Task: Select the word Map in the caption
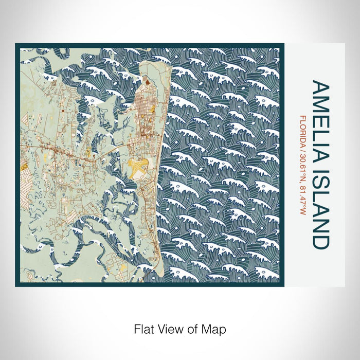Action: tap(216, 328)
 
